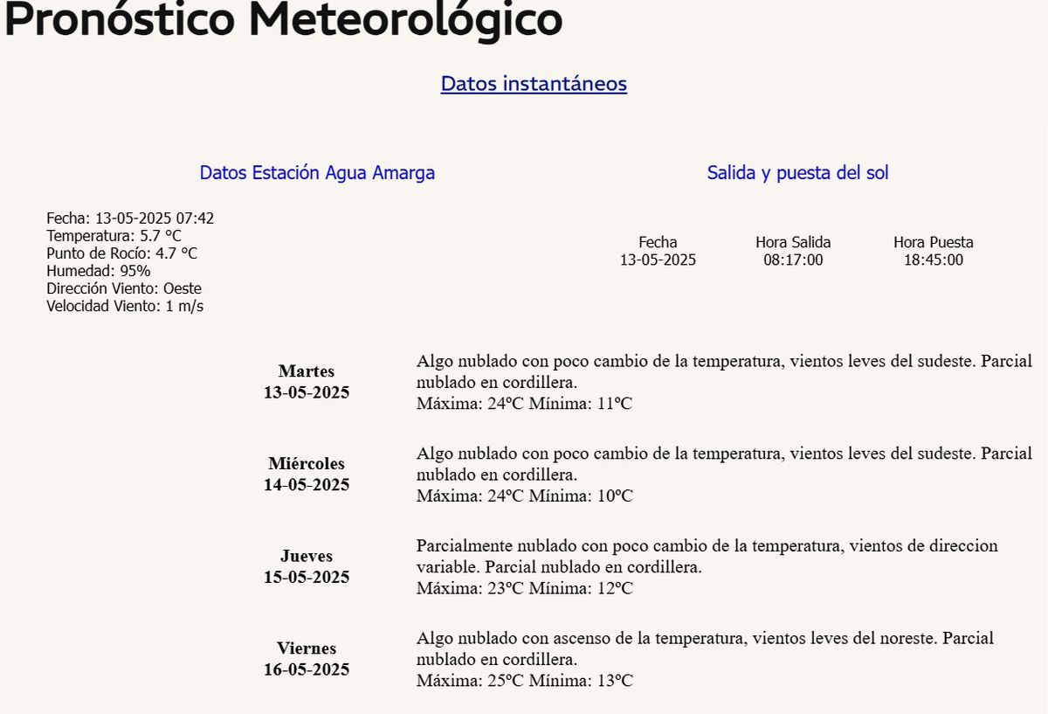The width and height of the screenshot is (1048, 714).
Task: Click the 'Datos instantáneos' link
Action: click(534, 84)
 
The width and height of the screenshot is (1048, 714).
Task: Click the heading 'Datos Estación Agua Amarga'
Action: click(317, 173)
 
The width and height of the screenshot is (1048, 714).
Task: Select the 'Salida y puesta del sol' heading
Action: click(797, 173)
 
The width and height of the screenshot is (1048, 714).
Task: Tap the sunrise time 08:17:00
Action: click(793, 260)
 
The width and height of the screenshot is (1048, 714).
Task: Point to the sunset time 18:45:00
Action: click(934, 260)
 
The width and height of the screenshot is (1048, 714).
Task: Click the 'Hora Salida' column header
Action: click(793, 242)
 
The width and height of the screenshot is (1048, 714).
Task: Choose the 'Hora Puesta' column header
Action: click(934, 242)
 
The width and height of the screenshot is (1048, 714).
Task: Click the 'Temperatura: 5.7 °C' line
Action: click(114, 236)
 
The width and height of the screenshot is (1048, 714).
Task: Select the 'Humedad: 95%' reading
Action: click(99, 271)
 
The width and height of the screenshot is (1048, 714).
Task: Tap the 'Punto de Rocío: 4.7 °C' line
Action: click(121, 253)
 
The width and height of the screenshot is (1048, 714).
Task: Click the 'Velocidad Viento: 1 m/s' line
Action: click(125, 306)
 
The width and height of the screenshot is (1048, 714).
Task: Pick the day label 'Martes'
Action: click(307, 371)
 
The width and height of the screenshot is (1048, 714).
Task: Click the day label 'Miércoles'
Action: click(307, 464)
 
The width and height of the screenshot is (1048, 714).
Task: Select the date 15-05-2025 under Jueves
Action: click(307, 577)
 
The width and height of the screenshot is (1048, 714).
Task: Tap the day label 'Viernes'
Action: click(307, 648)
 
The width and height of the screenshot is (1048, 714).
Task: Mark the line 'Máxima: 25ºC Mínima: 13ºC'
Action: click(524, 681)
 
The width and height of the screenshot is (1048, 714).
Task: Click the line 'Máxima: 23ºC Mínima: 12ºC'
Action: click(524, 588)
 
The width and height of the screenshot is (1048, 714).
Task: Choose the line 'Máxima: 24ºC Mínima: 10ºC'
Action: click(524, 496)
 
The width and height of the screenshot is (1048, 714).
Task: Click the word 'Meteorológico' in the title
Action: click(404, 21)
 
